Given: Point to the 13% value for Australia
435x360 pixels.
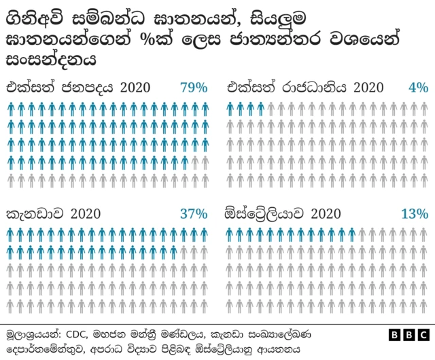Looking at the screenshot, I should (415, 213).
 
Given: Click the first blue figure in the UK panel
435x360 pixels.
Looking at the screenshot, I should (230, 108).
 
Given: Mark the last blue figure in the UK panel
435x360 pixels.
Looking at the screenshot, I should (260, 108).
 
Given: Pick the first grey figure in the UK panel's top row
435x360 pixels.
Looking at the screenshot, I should (271, 108).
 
